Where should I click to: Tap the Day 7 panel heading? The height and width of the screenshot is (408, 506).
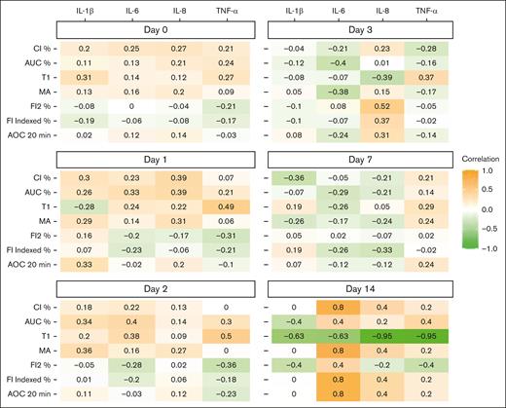pos(361,159)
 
